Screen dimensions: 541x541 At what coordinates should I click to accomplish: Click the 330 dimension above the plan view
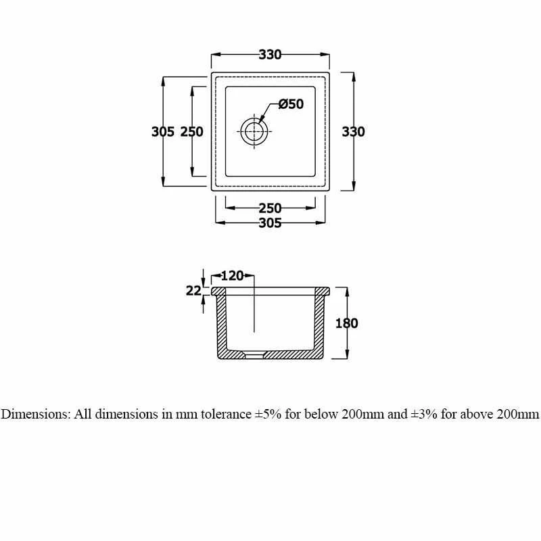coord(270,55)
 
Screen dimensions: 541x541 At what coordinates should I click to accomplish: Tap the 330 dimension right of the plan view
coord(353,131)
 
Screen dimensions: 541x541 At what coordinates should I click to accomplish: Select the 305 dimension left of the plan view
coord(163,131)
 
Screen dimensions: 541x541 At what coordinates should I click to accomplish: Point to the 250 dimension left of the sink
coord(192,131)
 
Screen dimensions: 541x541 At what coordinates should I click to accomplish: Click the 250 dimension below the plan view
coord(270,208)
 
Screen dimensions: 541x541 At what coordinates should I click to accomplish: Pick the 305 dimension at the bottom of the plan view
coord(270,223)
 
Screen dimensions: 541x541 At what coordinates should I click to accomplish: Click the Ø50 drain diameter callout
coord(291,104)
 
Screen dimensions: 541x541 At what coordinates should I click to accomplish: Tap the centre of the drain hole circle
coord(255,131)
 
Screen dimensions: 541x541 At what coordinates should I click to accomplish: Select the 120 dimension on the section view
coord(232,276)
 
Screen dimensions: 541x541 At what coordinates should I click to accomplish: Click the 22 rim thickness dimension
coord(193,291)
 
